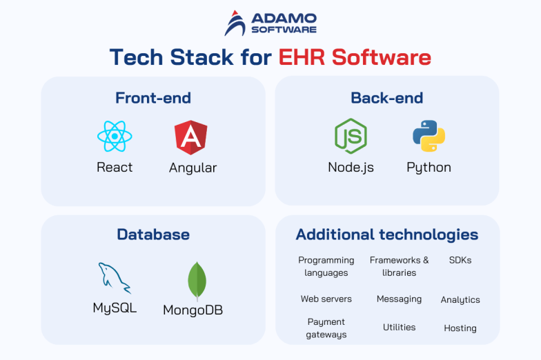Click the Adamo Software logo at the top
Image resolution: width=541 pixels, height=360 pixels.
pos(270,22)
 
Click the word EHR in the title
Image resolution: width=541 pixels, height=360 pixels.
pos(303,57)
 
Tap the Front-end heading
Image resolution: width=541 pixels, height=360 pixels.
pos(153,98)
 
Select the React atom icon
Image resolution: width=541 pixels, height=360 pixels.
pos(115,137)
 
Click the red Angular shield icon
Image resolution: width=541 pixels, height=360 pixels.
pos(191,137)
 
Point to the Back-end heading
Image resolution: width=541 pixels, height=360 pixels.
pos(387,98)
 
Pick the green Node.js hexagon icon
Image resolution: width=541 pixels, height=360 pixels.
pos(351,136)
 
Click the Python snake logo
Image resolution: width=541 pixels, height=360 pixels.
pos(429,136)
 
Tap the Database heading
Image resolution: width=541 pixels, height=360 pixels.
pos(153,234)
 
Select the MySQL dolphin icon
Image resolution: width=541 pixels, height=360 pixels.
pos(115,278)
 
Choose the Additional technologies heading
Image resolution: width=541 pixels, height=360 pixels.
pos(387,234)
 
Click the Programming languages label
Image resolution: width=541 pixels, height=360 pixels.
pos(326,266)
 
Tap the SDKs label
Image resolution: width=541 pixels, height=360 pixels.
pos(460,260)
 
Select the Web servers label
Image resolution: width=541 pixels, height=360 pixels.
pos(326,299)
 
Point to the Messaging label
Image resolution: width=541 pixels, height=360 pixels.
pos(399,299)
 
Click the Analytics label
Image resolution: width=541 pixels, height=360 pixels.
pos(460,300)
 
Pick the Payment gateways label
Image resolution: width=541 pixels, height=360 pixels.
pos(326,328)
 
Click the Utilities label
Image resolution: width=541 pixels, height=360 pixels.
pos(400,328)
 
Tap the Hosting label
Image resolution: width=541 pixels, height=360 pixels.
pos(460,328)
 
